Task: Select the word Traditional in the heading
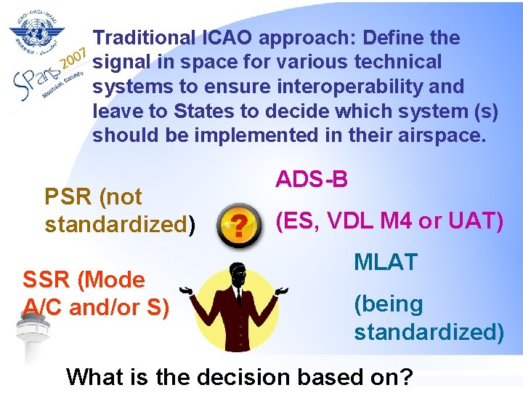coord(145,37)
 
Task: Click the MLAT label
coord(385,263)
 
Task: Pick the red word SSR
coord(46,279)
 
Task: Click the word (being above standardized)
coord(388,303)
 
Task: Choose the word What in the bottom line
coord(94,377)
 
